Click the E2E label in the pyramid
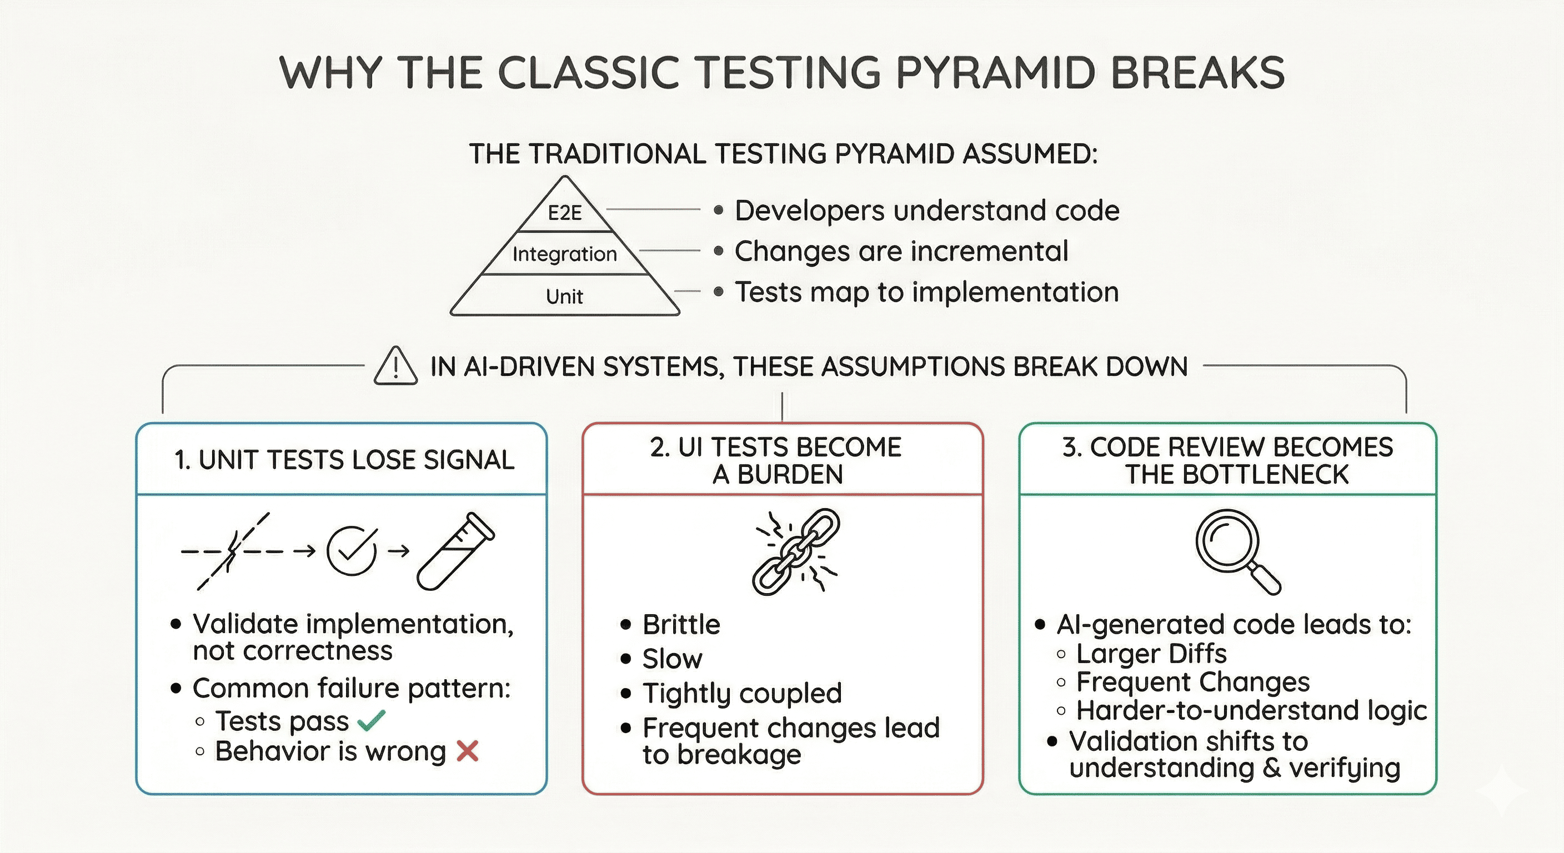click(x=565, y=213)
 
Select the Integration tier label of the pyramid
click(x=565, y=254)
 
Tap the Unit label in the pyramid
click(x=565, y=297)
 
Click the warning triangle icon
click(x=396, y=367)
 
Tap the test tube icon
click(x=455, y=551)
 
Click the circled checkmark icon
click(x=351, y=551)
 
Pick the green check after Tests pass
click(x=371, y=721)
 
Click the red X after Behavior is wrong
click(x=467, y=751)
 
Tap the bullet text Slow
click(x=672, y=659)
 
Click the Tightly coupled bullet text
click(x=742, y=693)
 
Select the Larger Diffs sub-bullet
click(x=1151, y=653)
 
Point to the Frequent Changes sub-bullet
click(x=1192, y=682)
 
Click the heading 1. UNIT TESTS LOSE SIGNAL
click(x=344, y=460)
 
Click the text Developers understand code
click(x=926, y=210)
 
